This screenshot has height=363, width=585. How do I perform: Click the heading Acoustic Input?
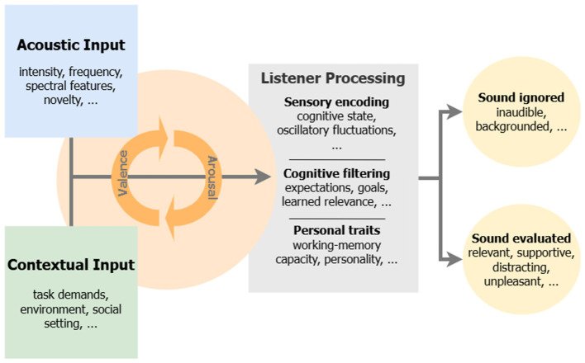coord(71,45)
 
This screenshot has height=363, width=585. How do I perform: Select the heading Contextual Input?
coord(71,265)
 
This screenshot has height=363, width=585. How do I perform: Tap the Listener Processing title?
coord(333,78)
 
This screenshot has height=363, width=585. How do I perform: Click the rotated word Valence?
coord(122,173)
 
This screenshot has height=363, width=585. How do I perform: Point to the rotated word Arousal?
coord(212,177)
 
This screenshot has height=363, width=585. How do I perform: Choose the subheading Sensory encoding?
coord(336,101)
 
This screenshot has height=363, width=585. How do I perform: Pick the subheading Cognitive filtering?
coord(336,173)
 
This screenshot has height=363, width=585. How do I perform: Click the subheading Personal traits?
coord(336,230)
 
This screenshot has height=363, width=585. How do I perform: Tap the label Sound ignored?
coord(521,97)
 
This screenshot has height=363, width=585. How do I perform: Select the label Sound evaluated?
coord(521,238)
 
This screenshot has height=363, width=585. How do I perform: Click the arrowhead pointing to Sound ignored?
coord(454,111)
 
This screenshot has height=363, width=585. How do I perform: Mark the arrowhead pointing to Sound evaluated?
coord(454,259)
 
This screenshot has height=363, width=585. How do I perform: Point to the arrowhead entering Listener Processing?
coord(263,177)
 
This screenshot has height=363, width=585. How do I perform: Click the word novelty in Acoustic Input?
coord(63,100)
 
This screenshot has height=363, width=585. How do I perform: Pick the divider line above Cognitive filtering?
coord(337,159)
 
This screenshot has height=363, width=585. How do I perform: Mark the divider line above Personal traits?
coord(337,219)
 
